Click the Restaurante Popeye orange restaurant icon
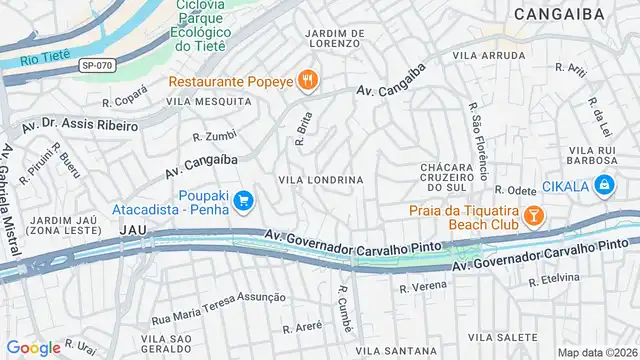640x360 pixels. (x=307, y=81)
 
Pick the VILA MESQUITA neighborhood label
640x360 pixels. (x=209, y=102)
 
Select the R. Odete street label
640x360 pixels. (x=515, y=189)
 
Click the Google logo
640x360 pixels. (x=34, y=348)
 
